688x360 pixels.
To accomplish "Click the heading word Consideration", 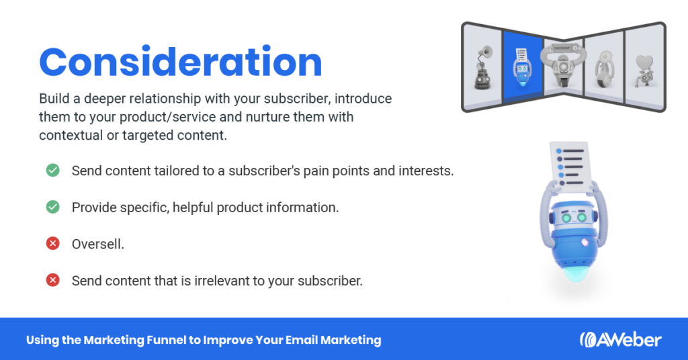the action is [181, 62].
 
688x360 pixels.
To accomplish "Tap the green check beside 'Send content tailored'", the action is [53, 170].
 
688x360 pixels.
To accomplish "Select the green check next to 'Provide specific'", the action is [53, 206].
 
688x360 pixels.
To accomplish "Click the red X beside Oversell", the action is [53, 243].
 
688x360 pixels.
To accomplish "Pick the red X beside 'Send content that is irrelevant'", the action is [53, 280].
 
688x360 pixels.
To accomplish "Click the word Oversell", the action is [98, 244].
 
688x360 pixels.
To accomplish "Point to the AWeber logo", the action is [620, 340].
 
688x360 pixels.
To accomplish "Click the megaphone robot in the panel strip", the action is [482, 68].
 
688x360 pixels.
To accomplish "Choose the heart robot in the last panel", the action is [644, 71].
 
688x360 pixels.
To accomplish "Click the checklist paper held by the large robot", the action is [570, 166].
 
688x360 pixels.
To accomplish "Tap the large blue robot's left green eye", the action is [566, 218].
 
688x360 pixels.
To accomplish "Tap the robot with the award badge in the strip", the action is [604, 69].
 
